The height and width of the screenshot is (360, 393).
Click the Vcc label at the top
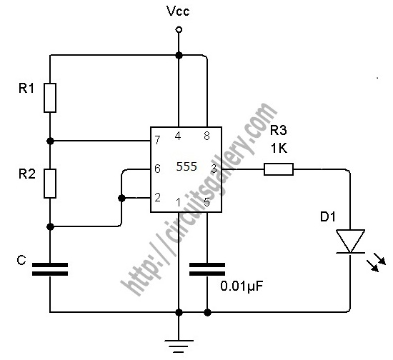[x=178, y=11]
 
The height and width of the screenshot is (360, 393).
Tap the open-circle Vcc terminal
[x=179, y=30]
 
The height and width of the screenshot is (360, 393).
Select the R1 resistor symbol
[x=50, y=98]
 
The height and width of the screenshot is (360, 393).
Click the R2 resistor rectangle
[x=50, y=184]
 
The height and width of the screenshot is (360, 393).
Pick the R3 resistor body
[x=279, y=169]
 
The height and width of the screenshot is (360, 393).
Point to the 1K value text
[x=279, y=149]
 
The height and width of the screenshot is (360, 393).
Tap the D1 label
[x=328, y=216]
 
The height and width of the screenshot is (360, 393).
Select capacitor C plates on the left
[x=50, y=269]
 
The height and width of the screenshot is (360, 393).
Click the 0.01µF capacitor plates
[x=207, y=269]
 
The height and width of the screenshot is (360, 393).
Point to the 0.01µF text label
[x=242, y=286]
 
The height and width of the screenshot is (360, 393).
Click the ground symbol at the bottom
[x=179, y=346]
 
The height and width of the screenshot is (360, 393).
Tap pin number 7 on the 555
[x=157, y=140]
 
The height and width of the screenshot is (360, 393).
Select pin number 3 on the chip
[x=214, y=169]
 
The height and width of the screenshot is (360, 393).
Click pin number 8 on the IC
[x=207, y=136]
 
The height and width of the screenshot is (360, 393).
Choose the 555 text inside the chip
[x=186, y=166]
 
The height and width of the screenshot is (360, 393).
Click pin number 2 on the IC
[x=157, y=197]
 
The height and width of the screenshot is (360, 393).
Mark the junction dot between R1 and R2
[x=50, y=141]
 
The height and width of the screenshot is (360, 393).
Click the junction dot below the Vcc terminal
[x=179, y=55]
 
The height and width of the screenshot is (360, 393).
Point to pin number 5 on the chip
[x=207, y=202]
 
